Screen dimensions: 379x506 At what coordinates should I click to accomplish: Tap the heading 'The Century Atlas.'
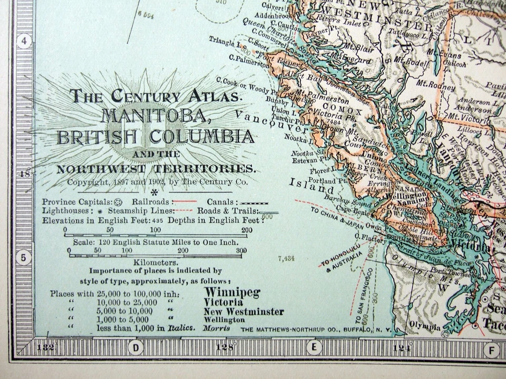tap(157, 96)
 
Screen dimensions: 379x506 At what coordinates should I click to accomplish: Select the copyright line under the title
tap(157, 182)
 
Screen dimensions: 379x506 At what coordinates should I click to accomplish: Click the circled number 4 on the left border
tap(24, 42)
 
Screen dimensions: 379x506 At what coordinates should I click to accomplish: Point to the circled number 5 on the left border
tap(24, 258)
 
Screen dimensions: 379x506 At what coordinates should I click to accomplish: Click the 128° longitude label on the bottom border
tap(226, 347)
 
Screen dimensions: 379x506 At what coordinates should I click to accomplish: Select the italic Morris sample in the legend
tap(216, 328)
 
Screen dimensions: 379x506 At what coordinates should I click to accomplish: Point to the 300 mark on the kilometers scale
tap(241, 251)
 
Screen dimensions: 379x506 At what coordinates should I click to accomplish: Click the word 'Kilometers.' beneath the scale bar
tap(155, 262)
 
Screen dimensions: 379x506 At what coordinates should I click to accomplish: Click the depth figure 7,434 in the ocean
tap(285, 258)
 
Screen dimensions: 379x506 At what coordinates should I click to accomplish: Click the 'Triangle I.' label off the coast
tap(223, 40)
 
